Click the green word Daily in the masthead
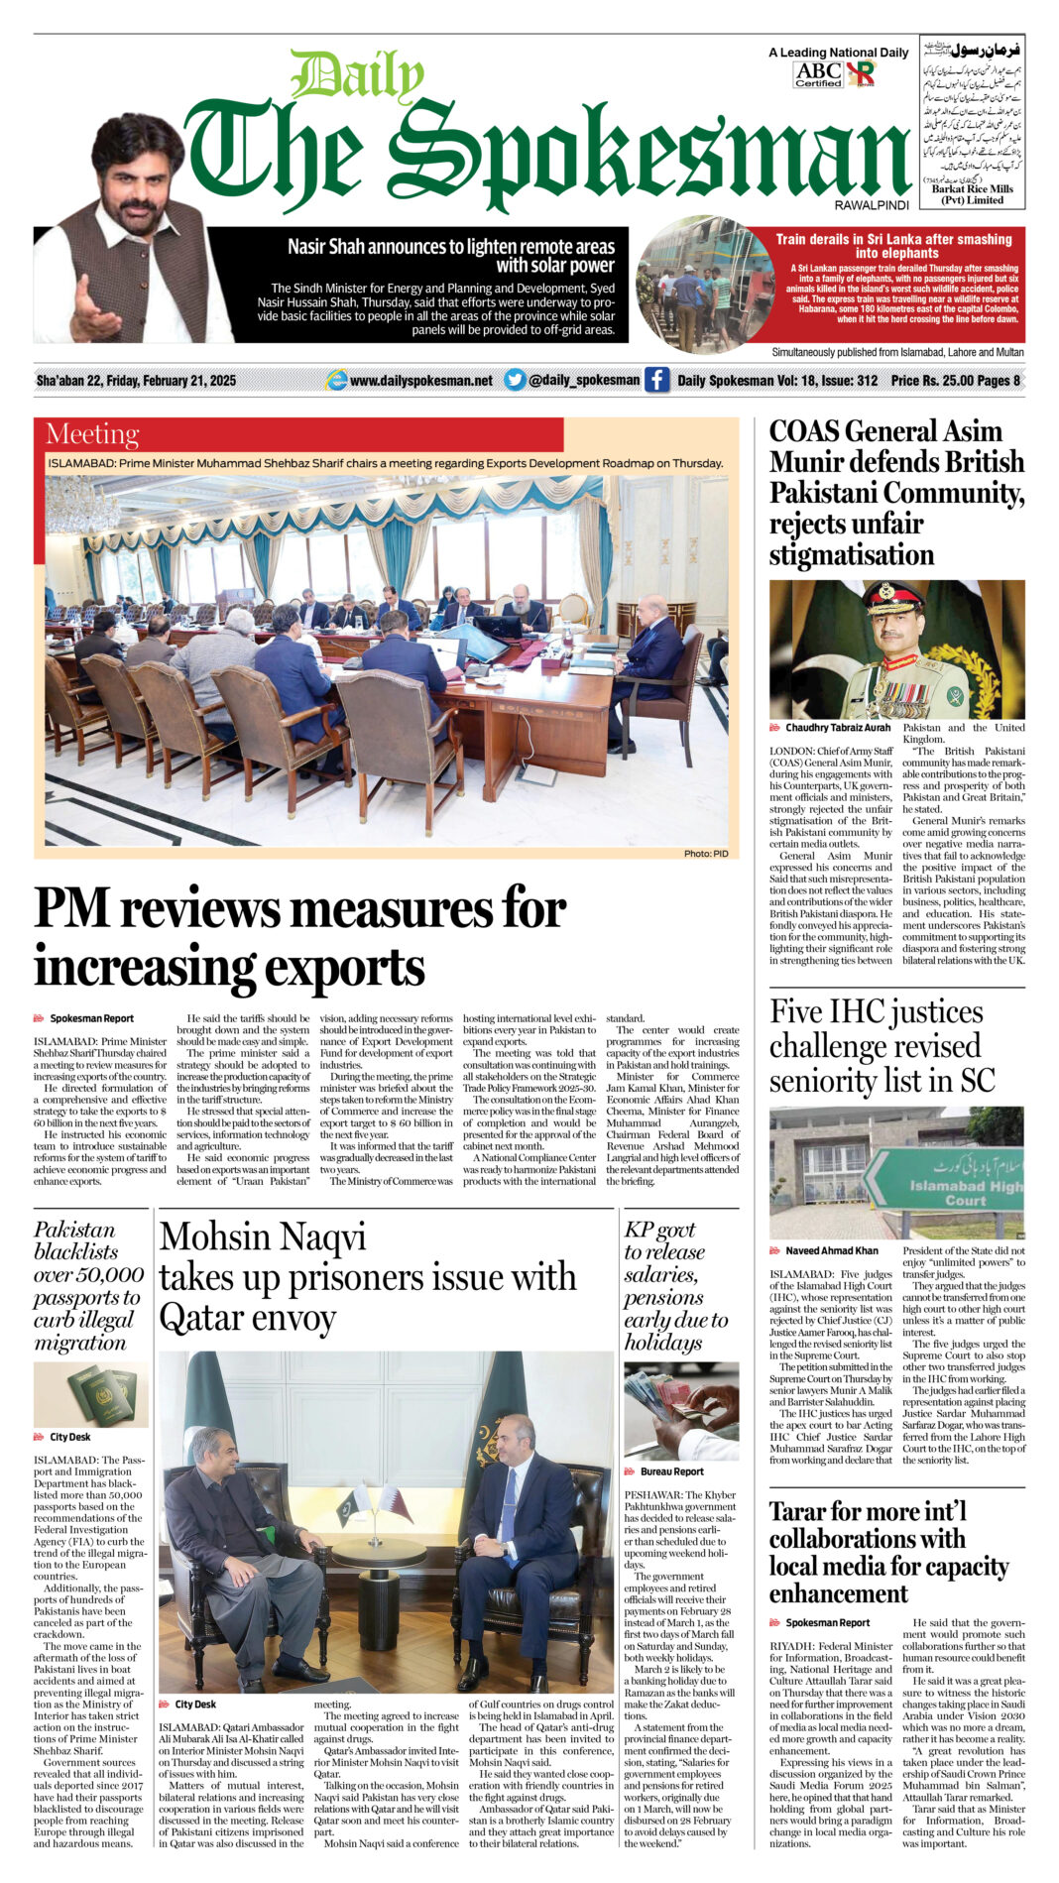point(358,76)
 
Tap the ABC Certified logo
point(818,73)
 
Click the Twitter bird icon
point(515,380)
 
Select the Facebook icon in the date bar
point(656,380)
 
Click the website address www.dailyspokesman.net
point(420,381)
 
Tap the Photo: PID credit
point(705,853)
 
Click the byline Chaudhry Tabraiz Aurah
point(837,728)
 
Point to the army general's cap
point(893,597)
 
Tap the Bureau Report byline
point(671,1471)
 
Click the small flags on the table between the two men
point(378,1506)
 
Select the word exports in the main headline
point(334,968)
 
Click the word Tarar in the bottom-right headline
point(804,1511)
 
